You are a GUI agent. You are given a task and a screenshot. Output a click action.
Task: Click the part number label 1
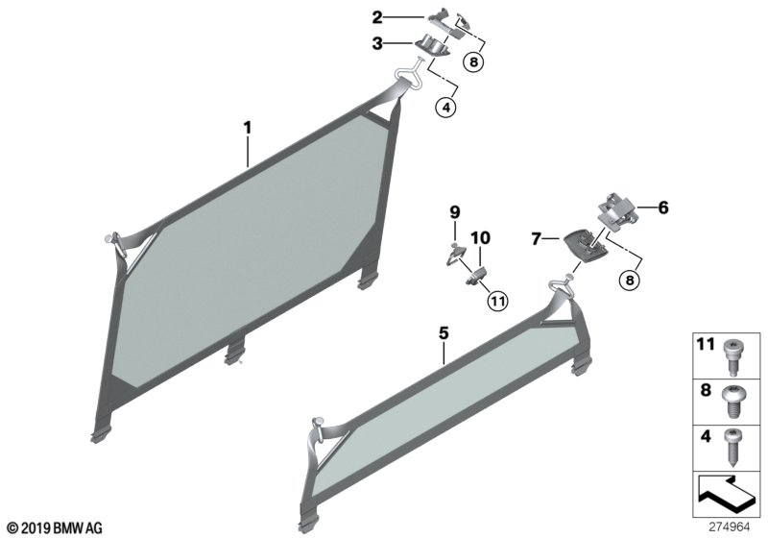(248, 128)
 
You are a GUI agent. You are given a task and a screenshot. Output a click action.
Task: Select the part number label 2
(377, 17)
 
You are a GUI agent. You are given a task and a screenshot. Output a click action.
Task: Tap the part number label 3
(377, 43)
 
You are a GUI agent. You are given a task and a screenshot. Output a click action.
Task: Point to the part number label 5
(444, 333)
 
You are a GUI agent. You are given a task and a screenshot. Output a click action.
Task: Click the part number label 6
(662, 208)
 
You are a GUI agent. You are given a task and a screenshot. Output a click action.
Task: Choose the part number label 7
(537, 239)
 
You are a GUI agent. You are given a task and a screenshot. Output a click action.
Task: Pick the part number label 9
(455, 212)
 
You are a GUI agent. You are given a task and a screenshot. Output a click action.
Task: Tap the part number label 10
(481, 238)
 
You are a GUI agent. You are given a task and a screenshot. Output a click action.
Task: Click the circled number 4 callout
(445, 108)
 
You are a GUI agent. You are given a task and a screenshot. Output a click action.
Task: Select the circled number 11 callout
(497, 301)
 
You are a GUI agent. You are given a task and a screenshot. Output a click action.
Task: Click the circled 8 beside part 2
(473, 61)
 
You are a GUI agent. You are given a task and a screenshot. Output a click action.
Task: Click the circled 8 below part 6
(630, 281)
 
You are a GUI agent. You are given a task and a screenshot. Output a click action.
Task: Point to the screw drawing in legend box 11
(731, 357)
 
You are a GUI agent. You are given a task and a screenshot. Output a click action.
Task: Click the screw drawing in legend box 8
(731, 402)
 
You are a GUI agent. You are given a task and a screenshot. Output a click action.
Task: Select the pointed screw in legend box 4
(732, 448)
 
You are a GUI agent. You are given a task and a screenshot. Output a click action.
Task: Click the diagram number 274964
(730, 527)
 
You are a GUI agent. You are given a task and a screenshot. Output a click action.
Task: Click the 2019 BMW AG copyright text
(55, 528)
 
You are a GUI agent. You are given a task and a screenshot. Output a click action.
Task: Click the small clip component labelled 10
(475, 277)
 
